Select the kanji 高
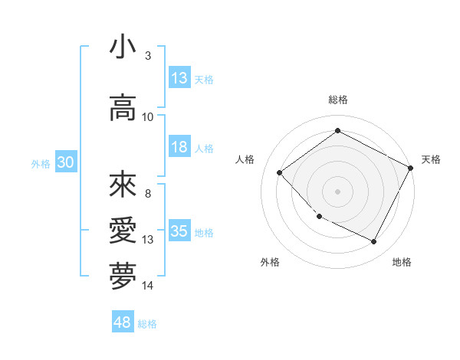point(123,108)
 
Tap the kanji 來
point(123,185)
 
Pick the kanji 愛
point(123,231)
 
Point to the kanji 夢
point(123,277)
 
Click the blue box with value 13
point(179,78)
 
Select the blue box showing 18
point(179,147)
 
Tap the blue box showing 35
point(179,231)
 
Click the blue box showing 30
point(65,162)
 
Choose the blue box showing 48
point(123,322)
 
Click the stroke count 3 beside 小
point(147,56)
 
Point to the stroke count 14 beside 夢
point(148,286)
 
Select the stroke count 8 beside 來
point(147,194)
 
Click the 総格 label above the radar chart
point(337,100)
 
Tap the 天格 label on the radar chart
point(431,159)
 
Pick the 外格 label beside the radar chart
point(270,262)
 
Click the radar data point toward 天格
point(411,167)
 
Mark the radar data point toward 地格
point(373,242)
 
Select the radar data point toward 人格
point(280,172)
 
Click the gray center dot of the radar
point(337,191)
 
